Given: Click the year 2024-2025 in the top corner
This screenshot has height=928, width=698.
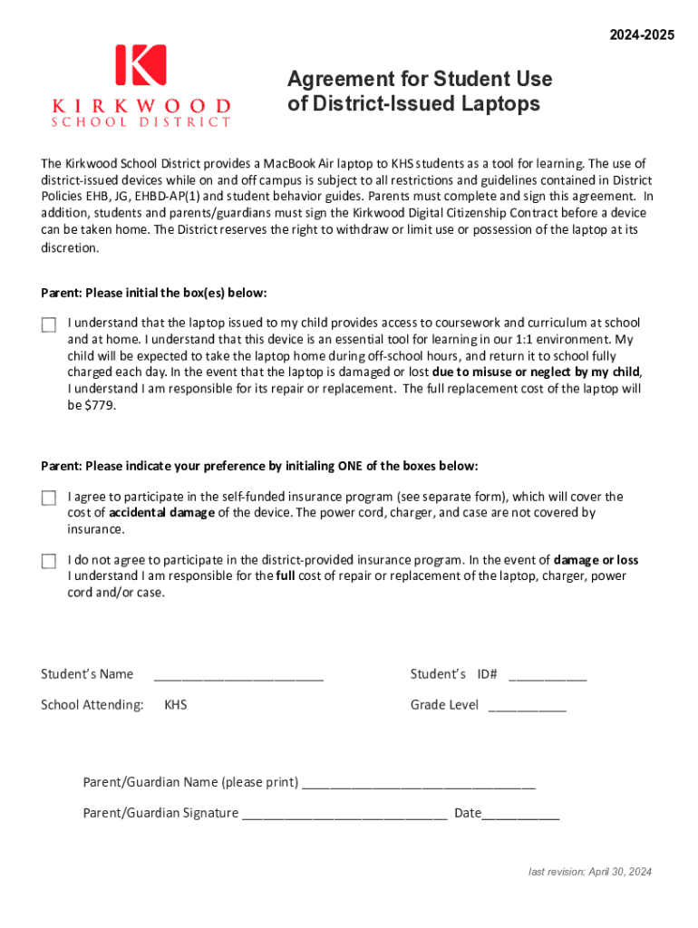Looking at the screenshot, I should pos(642,35).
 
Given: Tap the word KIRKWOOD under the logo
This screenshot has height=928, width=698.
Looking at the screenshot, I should pos(141,105).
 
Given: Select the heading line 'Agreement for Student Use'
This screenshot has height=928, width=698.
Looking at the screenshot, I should pos(420,79).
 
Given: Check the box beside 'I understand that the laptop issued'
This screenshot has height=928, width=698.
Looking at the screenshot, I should pos(48,324).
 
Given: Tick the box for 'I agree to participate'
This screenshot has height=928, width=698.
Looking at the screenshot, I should pos(48,498).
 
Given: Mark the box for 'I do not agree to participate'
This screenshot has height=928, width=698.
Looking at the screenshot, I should pos(48,561).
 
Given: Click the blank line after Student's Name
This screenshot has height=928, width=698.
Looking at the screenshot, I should pos(238,675).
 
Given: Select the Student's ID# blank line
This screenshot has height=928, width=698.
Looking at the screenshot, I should pos(548,675).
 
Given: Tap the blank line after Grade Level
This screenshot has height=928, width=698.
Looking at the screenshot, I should pos(528,706).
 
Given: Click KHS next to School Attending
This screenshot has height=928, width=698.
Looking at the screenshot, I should pos(176,704).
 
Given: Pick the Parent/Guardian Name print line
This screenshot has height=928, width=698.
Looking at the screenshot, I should pos(418,783).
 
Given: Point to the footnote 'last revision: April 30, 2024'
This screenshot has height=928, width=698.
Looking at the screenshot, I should pos(590,872).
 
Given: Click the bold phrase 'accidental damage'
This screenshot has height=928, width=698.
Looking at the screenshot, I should pos(162,513).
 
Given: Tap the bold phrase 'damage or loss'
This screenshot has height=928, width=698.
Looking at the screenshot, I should pos(596,560).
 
